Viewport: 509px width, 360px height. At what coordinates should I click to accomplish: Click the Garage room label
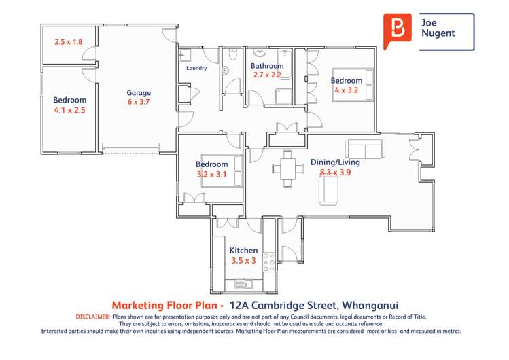click(x=139, y=93)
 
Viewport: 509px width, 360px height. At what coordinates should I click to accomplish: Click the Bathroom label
click(x=266, y=66)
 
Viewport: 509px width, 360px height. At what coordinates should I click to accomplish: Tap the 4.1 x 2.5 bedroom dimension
click(x=70, y=109)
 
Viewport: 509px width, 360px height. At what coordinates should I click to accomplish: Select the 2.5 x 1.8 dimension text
click(x=69, y=42)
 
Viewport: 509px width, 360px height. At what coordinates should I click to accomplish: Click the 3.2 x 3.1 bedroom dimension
click(x=212, y=174)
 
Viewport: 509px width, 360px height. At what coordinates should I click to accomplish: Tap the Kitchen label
click(x=243, y=251)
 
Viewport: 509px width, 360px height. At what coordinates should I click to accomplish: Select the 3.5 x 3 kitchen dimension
click(x=243, y=260)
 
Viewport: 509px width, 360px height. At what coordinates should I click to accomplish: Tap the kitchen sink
click(x=243, y=283)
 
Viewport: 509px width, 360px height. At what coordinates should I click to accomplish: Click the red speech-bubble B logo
click(x=398, y=31)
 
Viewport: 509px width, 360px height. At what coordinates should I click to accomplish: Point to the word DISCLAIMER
click(x=90, y=317)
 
